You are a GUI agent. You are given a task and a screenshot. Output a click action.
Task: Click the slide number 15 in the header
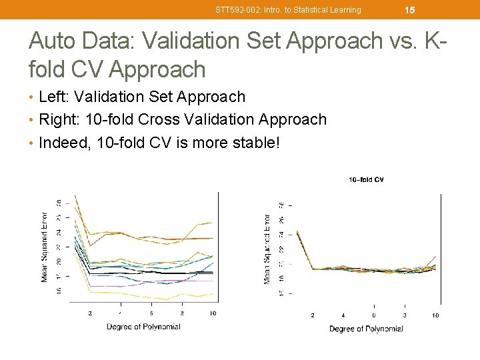coord(410,10)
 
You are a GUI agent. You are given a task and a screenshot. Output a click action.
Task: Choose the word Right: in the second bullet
coord(60,119)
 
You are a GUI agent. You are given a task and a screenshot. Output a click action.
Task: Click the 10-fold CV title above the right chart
coord(366,179)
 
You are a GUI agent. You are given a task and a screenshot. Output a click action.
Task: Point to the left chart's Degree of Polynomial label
coord(143,327)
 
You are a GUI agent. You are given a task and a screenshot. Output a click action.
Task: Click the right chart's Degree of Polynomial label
coord(366,329)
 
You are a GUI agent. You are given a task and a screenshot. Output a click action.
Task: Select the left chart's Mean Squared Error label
coord(45,247)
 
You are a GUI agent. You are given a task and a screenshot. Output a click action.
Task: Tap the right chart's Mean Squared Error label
coord(267,249)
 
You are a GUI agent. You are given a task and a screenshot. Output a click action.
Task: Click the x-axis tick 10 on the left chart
coord(213,313)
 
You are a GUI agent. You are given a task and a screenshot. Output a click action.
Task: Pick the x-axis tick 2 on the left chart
coord(90,313)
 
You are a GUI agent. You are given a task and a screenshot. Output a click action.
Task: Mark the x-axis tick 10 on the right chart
coord(435,315)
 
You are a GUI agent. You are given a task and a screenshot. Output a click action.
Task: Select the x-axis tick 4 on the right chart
coord(343,315)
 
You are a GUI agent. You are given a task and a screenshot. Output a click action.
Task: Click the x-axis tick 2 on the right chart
coord(313,315)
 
